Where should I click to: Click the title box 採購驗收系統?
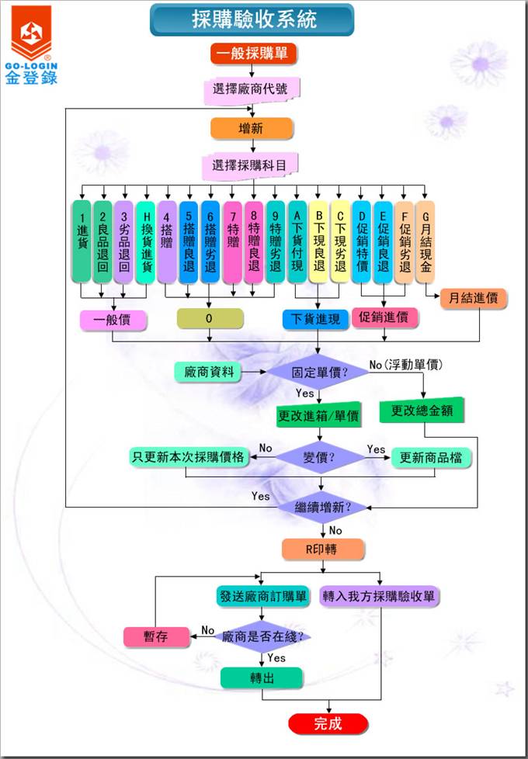coord(252,19)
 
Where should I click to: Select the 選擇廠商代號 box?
coord(252,88)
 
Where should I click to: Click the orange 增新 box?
coord(252,128)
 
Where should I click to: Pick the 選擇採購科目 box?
coord(252,165)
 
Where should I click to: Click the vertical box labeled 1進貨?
coord(82,241)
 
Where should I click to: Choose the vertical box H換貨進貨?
coord(146,241)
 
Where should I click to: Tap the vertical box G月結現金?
coord(425,241)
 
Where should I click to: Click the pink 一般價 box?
coord(113,319)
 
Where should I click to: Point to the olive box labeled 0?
coord(210,319)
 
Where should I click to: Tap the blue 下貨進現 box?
coord(315,319)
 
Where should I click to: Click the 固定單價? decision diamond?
coord(318,372)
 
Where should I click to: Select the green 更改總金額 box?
coord(422,411)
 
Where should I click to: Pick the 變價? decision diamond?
coord(319,458)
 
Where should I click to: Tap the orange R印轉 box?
coord(323,549)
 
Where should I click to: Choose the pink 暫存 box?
coord(155,637)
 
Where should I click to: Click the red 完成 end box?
coord(327,724)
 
